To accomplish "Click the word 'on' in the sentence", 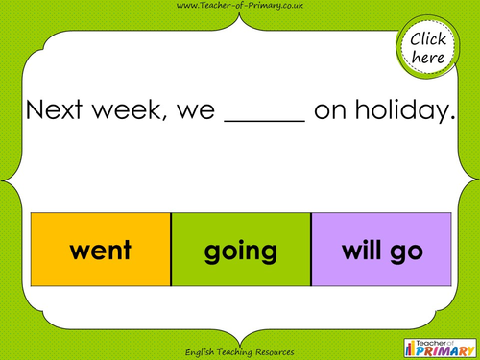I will (x=328, y=113).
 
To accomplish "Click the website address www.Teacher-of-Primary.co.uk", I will (x=240, y=8).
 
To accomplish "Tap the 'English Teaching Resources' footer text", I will (x=240, y=351).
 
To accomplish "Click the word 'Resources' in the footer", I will (x=272, y=351).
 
